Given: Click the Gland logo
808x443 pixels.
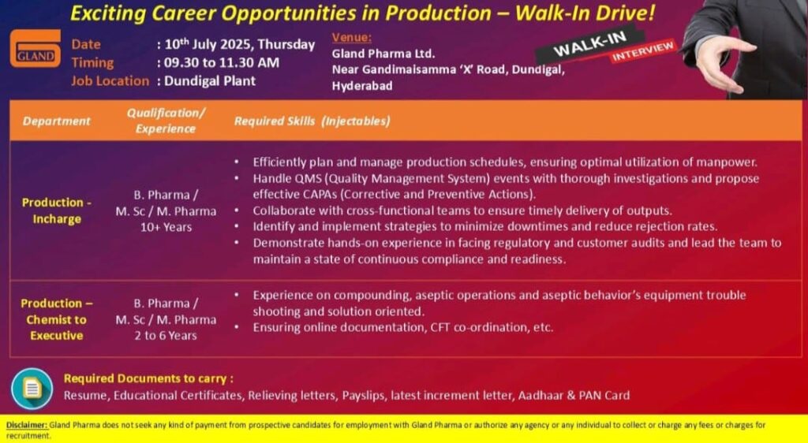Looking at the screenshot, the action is point(35,48).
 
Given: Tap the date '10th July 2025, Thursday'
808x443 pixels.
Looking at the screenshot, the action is point(240,44).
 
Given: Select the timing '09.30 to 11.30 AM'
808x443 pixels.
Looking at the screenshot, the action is point(222,63).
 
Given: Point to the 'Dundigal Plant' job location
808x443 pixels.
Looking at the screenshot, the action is point(210,80).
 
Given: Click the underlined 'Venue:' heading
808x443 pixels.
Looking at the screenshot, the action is point(351,38).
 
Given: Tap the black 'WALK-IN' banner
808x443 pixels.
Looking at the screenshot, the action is point(589,45).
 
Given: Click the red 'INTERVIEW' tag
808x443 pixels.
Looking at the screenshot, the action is point(643,51).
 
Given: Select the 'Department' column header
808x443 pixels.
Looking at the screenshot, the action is point(56,121).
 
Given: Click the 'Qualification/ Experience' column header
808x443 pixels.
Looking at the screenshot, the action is point(166,121).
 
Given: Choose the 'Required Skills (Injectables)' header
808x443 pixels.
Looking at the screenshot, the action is point(312,121).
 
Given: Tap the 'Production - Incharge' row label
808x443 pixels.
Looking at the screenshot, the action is point(57,210).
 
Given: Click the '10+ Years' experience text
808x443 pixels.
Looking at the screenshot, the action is point(166,227).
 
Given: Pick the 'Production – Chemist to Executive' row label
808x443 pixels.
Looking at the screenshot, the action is point(57,319).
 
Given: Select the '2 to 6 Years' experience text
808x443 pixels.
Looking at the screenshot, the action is point(166,336).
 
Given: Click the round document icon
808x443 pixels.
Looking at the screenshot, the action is point(32,389).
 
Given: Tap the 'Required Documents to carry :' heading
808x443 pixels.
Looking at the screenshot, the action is point(148,378).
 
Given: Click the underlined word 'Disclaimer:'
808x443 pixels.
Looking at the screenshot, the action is point(27,426).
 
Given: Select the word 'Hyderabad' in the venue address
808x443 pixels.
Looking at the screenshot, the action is point(361,85).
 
